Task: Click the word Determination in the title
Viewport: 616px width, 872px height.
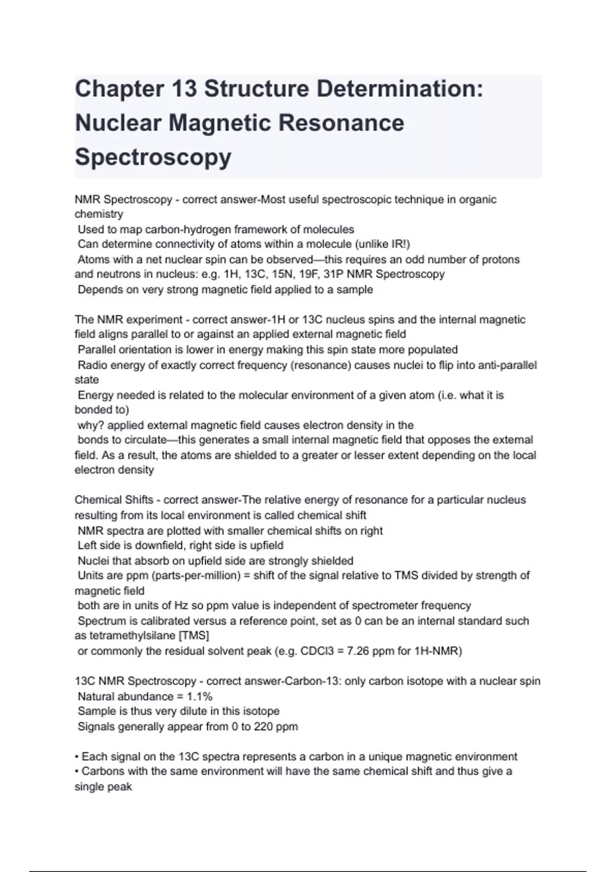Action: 400,89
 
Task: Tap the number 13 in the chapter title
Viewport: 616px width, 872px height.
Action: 184,89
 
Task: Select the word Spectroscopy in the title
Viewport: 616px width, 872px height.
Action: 153,156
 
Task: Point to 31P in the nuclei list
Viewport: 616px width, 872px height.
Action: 334,274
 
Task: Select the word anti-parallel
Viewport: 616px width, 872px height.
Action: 507,365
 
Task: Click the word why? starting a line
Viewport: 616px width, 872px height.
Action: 91,425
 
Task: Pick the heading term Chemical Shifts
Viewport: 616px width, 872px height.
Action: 114,500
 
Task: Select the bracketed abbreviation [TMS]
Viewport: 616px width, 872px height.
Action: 194,636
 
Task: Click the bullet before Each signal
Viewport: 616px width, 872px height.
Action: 77,757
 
